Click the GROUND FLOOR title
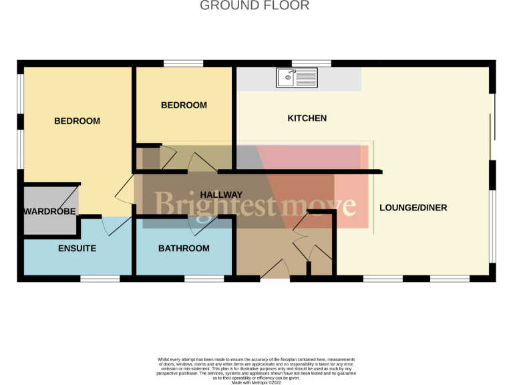255,6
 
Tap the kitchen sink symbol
297,78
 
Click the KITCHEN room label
307,118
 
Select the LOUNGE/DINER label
413,208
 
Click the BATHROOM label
184,249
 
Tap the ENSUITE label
77,249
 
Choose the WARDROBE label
49,212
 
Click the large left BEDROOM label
77,121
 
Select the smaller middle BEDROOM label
184,105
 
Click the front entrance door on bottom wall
275,271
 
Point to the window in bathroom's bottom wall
204,278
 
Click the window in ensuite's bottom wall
100,278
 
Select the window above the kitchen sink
311,63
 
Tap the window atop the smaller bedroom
184,63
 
